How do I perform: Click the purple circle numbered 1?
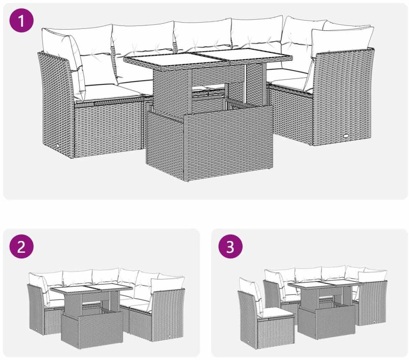(21, 21)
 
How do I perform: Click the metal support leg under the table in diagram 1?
(246, 84)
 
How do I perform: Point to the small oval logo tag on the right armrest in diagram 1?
(347, 136)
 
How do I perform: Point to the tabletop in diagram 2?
(91, 288)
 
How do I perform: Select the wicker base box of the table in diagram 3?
(326, 323)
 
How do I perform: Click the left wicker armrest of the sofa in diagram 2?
(36, 309)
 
